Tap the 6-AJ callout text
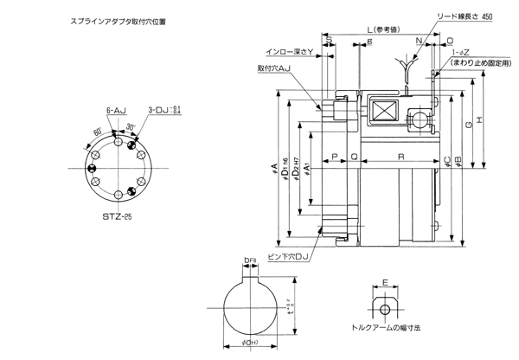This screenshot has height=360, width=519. pos(116,112)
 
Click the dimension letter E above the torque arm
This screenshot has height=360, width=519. pos(385,281)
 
